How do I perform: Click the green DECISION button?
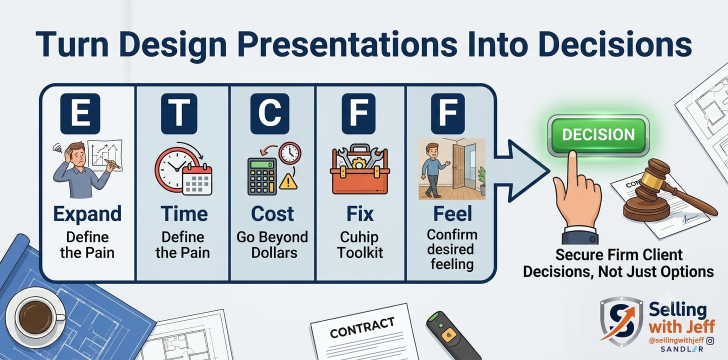point(598,135)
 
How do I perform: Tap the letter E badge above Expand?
point(80,113)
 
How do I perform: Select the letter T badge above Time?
point(179,113)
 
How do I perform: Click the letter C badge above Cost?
point(270,113)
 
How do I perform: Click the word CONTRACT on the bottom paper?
point(362,327)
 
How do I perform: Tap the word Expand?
point(87,214)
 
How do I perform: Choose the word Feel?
point(452,214)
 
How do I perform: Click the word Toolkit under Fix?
point(360,252)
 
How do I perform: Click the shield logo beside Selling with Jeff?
point(621,321)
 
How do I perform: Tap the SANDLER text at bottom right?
point(682,349)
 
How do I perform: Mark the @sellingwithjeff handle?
point(676,340)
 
